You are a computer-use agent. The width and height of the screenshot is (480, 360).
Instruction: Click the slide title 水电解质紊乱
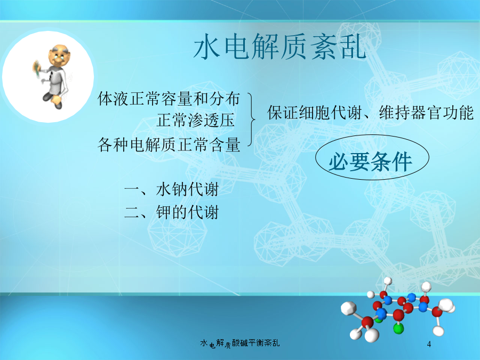[x=280, y=46]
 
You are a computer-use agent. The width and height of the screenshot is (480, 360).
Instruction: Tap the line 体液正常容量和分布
[x=169, y=99]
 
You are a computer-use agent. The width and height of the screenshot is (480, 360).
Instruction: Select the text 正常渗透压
[x=196, y=120]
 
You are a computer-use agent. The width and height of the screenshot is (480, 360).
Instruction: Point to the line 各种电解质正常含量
[x=169, y=145]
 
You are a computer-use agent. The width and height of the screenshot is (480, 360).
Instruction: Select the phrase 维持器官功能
[x=427, y=113]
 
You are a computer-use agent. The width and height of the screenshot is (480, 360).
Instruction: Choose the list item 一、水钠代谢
[x=171, y=189]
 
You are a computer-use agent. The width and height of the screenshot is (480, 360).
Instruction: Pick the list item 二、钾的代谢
[x=171, y=212]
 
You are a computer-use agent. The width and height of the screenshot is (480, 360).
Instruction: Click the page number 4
[x=429, y=344]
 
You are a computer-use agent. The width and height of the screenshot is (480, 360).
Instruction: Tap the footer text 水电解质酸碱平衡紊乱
[x=239, y=343]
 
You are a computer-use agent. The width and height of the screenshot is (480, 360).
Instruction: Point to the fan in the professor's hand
[x=37, y=69]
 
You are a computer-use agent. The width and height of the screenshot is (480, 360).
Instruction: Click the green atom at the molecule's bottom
[x=398, y=329]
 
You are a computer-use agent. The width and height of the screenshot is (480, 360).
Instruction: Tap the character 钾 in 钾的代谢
[x=164, y=212]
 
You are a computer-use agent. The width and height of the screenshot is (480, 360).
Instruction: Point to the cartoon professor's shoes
[x=53, y=100]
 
